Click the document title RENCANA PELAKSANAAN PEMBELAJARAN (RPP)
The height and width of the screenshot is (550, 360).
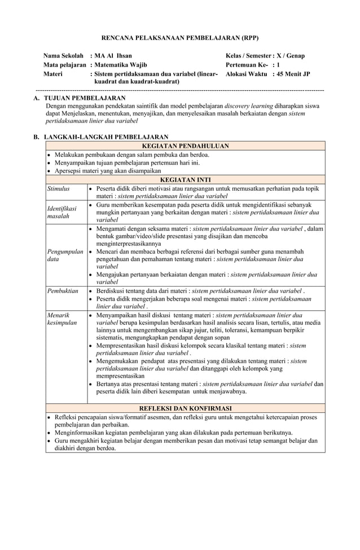(x=179, y=37)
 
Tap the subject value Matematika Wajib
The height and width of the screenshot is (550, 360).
(x=121, y=65)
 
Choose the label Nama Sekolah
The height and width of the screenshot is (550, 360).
(x=64, y=56)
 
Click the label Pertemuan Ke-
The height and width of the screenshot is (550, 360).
(x=246, y=65)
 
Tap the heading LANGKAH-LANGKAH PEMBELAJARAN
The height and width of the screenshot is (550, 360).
(x=106, y=137)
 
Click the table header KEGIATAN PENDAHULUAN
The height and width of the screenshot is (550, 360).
(x=185, y=146)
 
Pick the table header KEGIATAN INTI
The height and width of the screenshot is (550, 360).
(x=185, y=180)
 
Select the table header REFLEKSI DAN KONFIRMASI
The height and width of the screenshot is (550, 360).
(x=185, y=408)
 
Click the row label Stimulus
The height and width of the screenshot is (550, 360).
(x=58, y=188)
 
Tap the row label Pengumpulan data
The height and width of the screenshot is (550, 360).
(x=65, y=255)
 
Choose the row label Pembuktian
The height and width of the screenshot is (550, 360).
(x=63, y=290)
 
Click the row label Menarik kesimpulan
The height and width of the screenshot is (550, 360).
(x=62, y=319)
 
